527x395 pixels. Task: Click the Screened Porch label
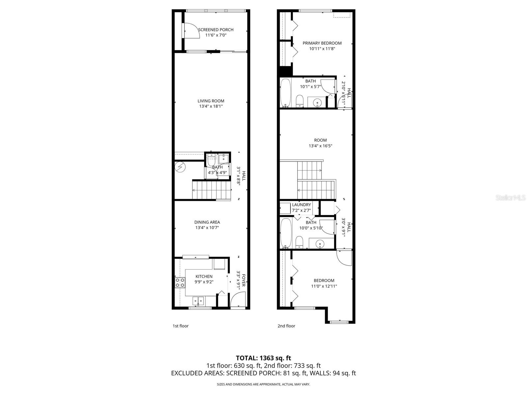point(216,30)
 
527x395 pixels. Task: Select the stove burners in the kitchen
point(180,282)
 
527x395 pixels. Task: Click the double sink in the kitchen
point(198,300)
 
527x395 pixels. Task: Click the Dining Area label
point(207,222)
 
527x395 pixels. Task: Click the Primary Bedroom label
point(322,43)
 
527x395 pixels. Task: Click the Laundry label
point(301,205)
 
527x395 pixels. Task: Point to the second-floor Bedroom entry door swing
point(344,258)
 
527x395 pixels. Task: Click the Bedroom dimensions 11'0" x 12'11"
point(324,286)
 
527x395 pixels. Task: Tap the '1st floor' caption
point(180,326)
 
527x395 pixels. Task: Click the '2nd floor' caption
point(286,326)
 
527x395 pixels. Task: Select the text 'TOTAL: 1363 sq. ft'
point(263,358)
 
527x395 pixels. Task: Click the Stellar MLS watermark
point(511,198)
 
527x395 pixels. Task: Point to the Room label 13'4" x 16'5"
point(320,140)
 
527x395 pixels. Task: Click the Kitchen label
point(204,276)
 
